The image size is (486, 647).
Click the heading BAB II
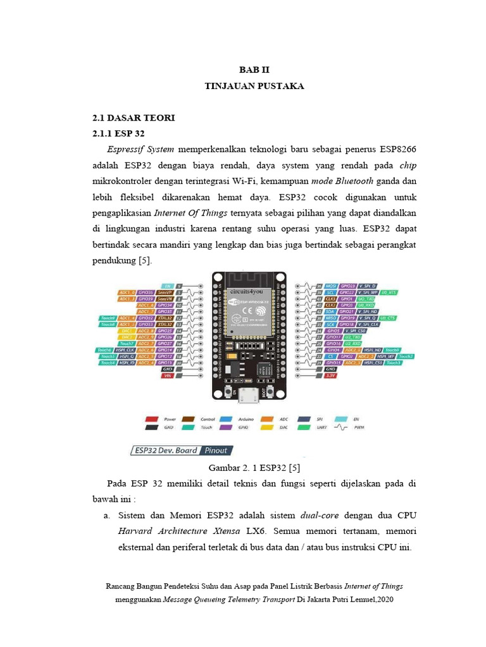[254, 70]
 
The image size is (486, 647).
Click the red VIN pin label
[168, 376]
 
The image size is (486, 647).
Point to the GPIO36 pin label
[147, 293]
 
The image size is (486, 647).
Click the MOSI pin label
[330, 286]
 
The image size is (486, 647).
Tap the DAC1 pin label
[127, 330]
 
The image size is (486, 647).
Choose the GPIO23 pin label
[347, 286]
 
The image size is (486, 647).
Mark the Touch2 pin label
[407, 356]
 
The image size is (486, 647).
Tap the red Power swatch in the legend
[151, 418]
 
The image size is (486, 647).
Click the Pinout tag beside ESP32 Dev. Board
[215, 450]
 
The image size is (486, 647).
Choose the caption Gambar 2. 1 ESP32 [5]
[253, 468]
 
